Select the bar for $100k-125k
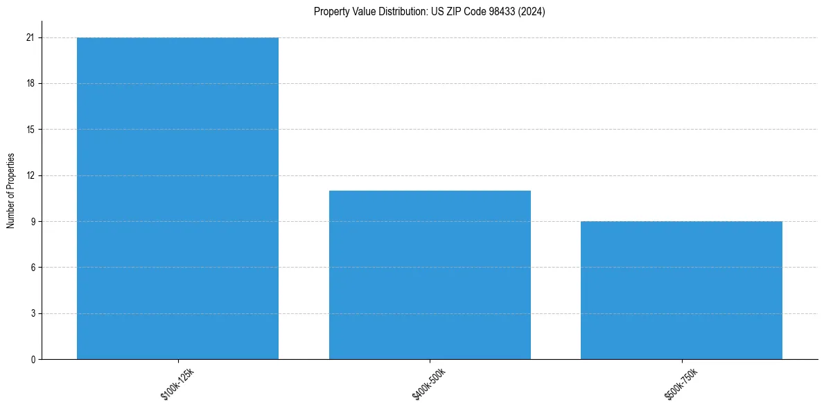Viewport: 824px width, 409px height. (x=177, y=198)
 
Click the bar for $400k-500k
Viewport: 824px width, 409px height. (x=430, y=275)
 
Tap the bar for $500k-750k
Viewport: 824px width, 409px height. (x=681, y=290)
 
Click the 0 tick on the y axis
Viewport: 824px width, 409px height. (x=32, y=359)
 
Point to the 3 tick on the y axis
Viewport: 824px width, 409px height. (x=32, y=313)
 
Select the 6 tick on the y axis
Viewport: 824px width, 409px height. (x=32, y=268)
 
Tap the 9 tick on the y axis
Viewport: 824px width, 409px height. (x=32, y=221)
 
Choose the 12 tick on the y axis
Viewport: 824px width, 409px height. (x=30, y=175)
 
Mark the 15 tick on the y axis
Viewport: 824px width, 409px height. (x=30, y=130)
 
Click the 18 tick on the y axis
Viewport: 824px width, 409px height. (x=30, y=83)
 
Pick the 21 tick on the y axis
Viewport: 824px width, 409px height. (x=30, y=37)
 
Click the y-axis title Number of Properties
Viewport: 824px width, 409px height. (x=10, y=191)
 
